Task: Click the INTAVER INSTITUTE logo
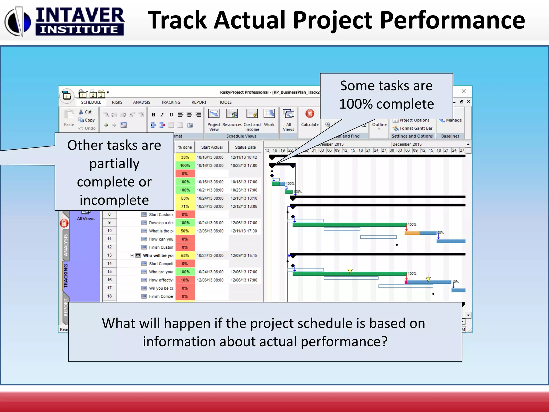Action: pos(64,21)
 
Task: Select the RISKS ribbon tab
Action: pos(117,102)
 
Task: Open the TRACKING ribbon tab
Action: pos(170,102)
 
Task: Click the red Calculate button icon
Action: pos(310,114)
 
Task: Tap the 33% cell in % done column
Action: pos(185,157)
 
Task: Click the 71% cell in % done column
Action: pos(185,207)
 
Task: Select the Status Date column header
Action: pos(245,147)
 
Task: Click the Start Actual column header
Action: pos(212,147)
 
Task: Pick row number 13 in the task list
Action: pos(109,255)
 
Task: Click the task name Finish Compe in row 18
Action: pos(161,296)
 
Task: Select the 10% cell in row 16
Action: pos(185,280)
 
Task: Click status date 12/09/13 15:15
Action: pos(244,256)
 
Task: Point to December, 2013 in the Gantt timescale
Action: pos(407,144)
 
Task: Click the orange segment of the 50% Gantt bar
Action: pos(412,233)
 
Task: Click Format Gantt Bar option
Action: pos(416,128)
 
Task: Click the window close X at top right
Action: pos(463,91)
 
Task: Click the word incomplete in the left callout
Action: pos(114,200)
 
